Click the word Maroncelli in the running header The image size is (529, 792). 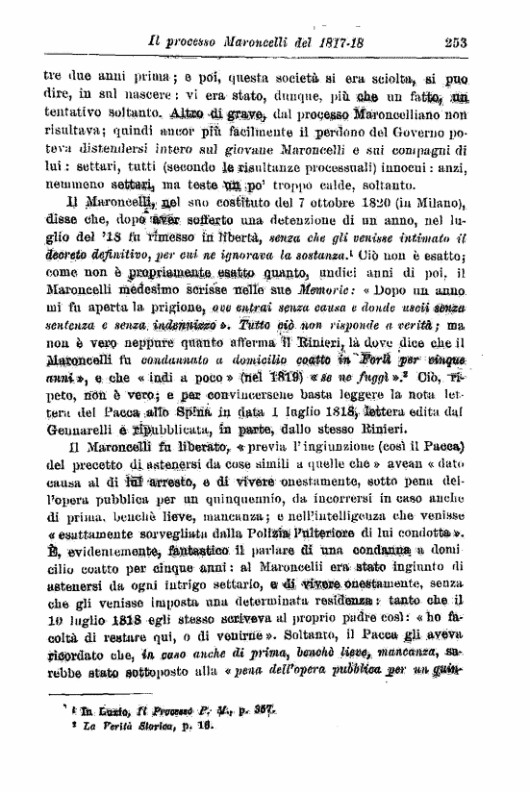265,41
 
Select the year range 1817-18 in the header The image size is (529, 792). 373,41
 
